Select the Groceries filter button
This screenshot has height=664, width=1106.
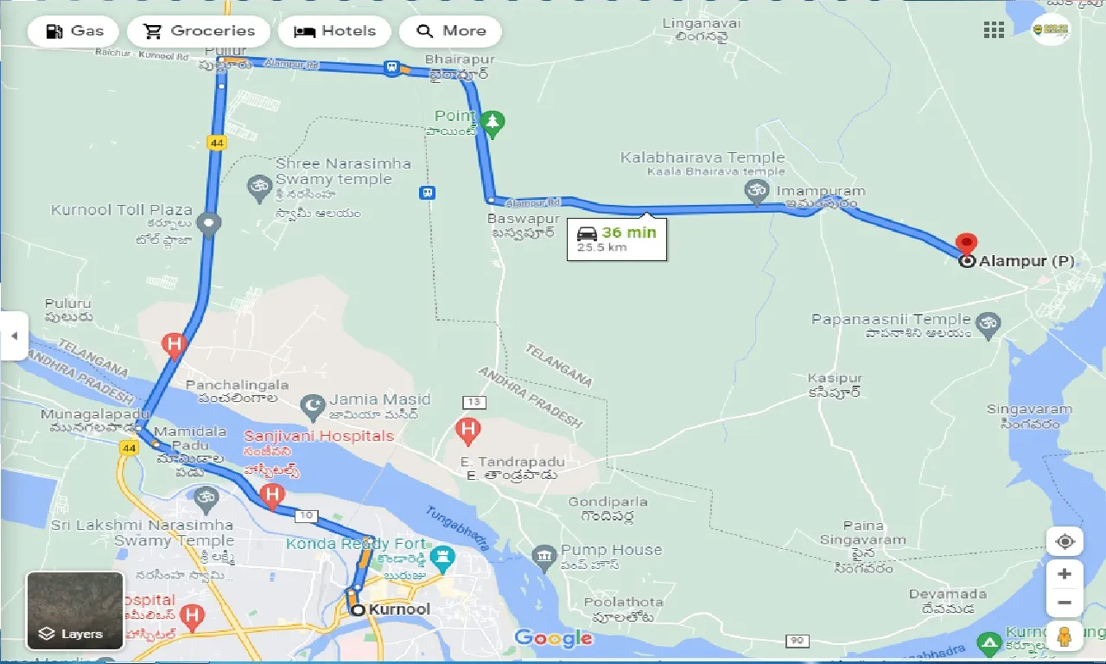pyautogui.click(x=198, y=31)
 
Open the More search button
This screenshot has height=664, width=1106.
pyautogui.click(x=450, y=31)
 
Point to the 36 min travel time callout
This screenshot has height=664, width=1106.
pyautogui.click(x=617, y=239)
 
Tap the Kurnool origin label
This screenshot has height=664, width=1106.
pyautogui.click(x=398, y=610)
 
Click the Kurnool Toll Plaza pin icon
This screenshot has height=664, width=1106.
pyautogui.click(x=208, y=225)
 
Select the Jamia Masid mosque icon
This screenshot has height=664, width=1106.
pyautogui.click(x=312, y=404)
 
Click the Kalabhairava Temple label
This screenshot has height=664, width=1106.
pyautogui.click(x=702, y=157)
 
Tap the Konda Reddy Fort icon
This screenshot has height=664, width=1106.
pyautogui.click(x=443, y=556)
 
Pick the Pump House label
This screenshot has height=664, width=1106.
pyautogui.click(x=611, y=550)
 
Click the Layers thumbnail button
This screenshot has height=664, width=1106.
pyautogui.click(x=75, y=609)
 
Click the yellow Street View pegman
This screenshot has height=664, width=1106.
pyautogui.click(x=1065, y=638)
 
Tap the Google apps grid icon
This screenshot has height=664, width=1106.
pyautogui.click(x=994, y=31)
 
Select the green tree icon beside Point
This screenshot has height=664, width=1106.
pyautogui.click(x=493, y=123)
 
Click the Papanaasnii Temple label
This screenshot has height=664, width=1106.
pyautogui.click(x=891, y=320)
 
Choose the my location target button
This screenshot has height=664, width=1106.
pyautogui.click(x=1065, y=542)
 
